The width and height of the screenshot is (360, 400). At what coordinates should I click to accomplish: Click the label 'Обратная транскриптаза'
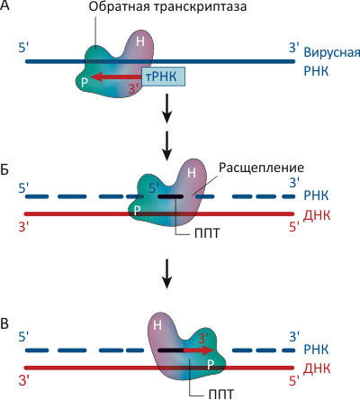point(167,6)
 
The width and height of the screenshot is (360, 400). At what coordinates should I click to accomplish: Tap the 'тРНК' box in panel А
point(163,77)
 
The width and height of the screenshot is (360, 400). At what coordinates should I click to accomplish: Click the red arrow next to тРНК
point(115,77)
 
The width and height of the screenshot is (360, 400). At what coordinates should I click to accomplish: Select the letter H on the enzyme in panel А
point(140,41)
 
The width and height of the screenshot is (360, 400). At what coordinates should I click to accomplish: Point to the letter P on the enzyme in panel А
point(85,82)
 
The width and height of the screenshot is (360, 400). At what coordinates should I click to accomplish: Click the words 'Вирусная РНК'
point(331,61)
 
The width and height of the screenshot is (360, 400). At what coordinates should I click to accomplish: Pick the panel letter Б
point(4,170)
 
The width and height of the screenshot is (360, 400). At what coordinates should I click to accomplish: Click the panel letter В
point(4,324)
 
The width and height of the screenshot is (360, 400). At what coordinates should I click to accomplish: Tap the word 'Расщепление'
point(261,168)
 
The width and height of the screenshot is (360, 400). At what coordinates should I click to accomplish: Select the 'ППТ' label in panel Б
point(207,233)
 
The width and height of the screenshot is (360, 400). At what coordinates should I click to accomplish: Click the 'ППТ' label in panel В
point(220,394)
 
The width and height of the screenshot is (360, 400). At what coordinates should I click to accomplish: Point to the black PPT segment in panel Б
point(170,196)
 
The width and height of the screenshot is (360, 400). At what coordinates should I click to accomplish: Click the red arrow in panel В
point(199,350)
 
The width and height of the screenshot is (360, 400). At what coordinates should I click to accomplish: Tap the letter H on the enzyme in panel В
point(157,325)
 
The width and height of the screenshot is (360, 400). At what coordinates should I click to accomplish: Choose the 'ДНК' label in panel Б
point(317,215)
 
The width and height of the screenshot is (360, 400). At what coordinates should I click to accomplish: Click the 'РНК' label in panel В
point(316,350)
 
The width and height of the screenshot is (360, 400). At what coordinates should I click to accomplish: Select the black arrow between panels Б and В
point(166,274)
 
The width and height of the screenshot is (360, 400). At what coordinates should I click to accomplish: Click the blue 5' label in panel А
point(23,48)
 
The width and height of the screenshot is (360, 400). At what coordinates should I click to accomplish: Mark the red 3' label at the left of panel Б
point(23,227)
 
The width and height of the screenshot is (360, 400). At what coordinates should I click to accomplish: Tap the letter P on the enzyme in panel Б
point(137,211)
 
